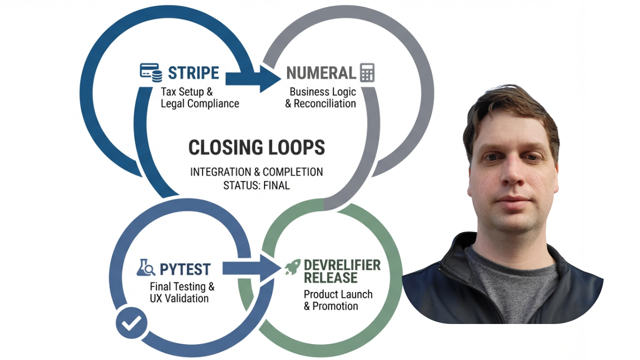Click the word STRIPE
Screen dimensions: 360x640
(x=193, y=73)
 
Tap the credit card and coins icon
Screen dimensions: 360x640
(x=150, y=73)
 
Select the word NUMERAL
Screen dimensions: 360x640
(x=320, y=73)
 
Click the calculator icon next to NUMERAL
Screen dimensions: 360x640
(x=367, y=73)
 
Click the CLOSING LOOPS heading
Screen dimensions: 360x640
(x=256, y=147)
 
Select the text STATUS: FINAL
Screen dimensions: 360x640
(x=256, y=185)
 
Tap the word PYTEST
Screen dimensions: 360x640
(x=185, y=269)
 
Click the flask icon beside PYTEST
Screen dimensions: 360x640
(x=145, y=268)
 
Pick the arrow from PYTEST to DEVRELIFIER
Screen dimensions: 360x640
(x=250, y=268)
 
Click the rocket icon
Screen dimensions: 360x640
(x=292, y=267)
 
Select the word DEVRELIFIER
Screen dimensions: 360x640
(x=342, y=265)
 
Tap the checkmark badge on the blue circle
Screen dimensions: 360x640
(x=131, y=323)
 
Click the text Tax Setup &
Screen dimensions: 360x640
(x=187, y=92)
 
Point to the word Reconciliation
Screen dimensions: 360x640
(x=324, y=104)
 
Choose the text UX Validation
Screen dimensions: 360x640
(x=179, y=298)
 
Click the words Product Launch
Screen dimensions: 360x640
(x=338, y=294)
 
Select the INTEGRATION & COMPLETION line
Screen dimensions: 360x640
(x=256, y=172)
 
